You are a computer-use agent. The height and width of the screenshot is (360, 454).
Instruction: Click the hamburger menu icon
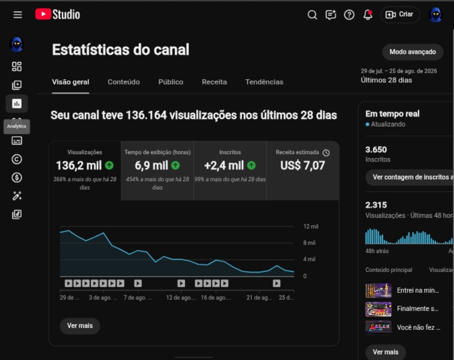(18, 15)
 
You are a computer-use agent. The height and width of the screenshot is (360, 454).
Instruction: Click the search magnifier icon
(312, 15)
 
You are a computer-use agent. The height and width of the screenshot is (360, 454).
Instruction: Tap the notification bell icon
(368, 15)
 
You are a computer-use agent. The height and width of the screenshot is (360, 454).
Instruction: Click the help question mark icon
(349, 15)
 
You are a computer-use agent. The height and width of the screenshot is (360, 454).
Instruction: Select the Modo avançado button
(413, 52)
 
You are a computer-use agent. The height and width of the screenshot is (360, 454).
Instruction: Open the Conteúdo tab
(124, 82)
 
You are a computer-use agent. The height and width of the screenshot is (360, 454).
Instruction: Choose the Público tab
(171, 82)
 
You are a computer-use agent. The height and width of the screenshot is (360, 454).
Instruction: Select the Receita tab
(214, 82)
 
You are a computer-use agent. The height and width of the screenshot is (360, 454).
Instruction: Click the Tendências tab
(264, 82)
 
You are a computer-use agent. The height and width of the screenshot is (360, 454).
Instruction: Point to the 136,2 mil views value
(79, 165)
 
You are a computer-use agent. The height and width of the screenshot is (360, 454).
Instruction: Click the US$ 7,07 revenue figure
(303, 165)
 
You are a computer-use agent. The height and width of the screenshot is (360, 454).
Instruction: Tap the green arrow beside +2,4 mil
(251, 165)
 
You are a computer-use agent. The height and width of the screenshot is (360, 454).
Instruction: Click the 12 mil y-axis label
(311, 226)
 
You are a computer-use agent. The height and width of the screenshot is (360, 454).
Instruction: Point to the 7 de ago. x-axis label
(138, 298)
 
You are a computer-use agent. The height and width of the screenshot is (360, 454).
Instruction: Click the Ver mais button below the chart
(80, 326)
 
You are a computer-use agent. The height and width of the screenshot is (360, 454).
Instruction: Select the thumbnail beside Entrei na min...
(378, 290)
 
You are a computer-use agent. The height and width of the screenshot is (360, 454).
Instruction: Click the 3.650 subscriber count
(376, 150)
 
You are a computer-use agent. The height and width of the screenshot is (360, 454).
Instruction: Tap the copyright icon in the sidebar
(17, 159)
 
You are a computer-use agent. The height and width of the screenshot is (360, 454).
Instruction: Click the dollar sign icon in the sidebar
(17, 177)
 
